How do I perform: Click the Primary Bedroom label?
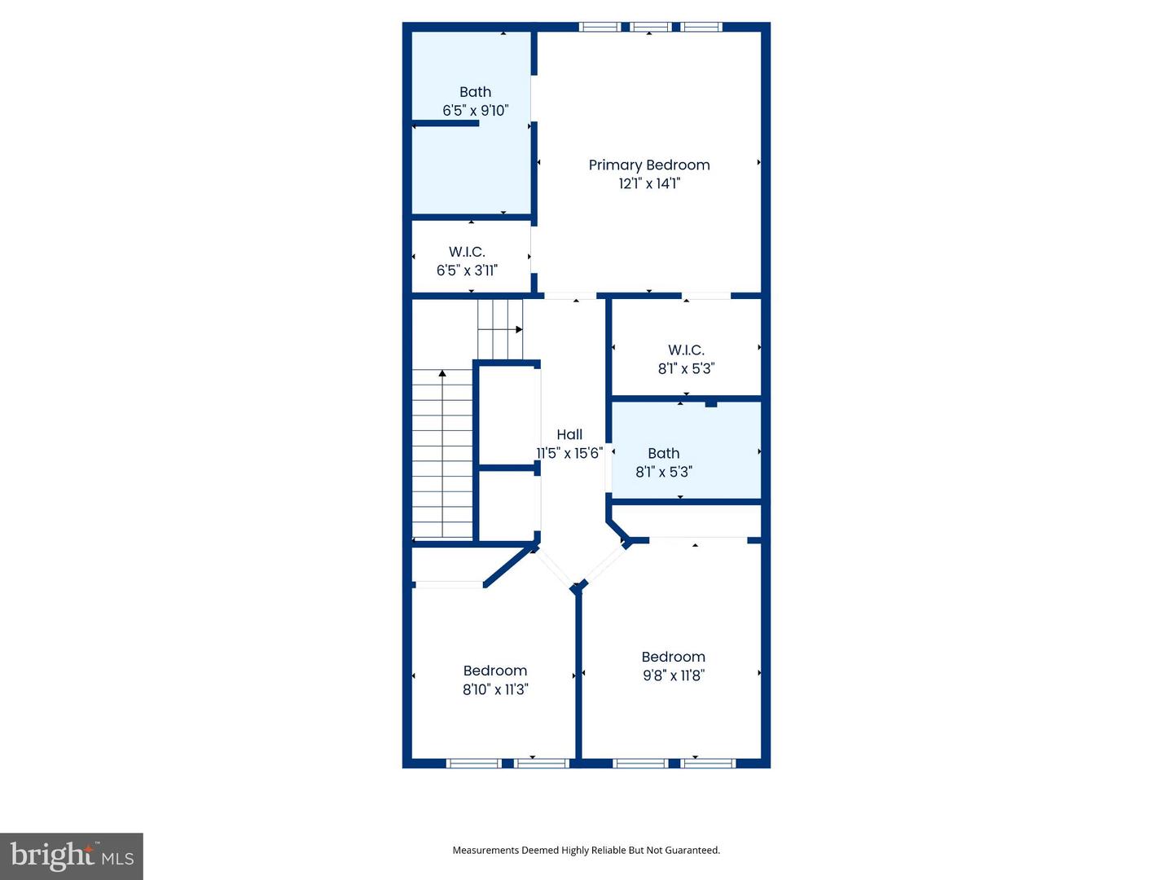click(649, 165)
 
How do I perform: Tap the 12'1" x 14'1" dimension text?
click(649, 183)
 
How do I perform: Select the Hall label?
click(569, 434)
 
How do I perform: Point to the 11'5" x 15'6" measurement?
click(569, 453)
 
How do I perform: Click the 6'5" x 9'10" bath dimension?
click(475, 110)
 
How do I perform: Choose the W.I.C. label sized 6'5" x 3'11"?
click(467, 252)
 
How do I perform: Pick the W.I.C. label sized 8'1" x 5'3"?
click(686, 350)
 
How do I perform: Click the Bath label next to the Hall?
click(663, 453)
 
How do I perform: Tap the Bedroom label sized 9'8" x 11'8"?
click(673, 657)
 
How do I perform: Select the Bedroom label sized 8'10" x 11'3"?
click(494, 671)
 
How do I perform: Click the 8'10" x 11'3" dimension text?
click(495, 689)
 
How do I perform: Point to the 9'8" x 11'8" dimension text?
click(673, 675)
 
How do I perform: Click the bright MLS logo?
click(72, 856)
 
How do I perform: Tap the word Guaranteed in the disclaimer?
click(692, 850)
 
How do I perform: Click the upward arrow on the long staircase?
click(442, 374)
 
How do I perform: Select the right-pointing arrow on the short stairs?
click(518, 329)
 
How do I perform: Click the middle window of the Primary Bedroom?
click(650, 27)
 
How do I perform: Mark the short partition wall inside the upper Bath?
click(446, 124)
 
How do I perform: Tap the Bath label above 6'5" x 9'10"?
click(475, 92)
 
